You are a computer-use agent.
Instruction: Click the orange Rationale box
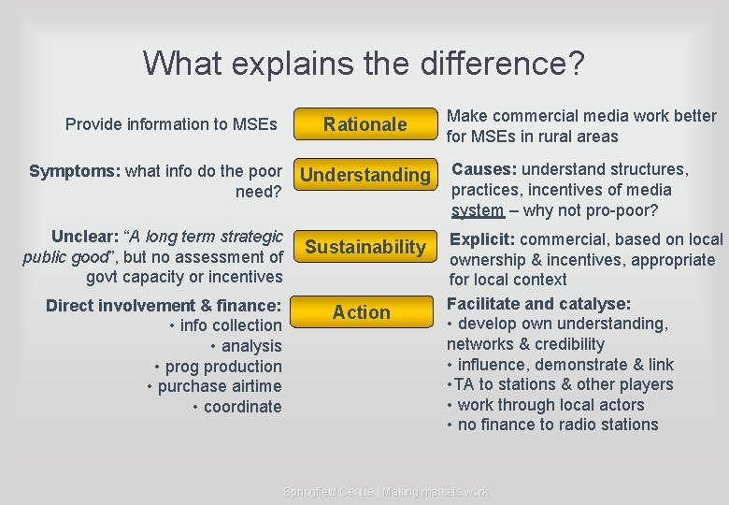pyautogui.click(x=365, y=124)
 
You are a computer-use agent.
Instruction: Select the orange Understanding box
pyautogui.click(x=365, y=175)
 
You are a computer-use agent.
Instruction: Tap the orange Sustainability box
pyautogui.click(x=365, y=247)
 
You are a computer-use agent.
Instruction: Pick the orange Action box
pyautogui.click(x=362, y=312)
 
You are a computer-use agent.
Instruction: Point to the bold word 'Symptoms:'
pyautogui.click(x=75, y=170)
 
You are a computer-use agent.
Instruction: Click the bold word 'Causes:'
pyautogui.click(x=485, y=169)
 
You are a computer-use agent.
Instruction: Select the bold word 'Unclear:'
pyautogui.click(x=86, y=236)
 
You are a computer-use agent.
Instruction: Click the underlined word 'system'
pyautogui.click(x=478, y=210)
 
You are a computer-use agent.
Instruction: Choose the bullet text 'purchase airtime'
pyautogui.click(x=220, y=386)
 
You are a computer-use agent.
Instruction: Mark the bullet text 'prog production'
pyautogui.click(x=224, y=367)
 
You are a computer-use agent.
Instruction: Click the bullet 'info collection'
pyautogui.click(x=230, y=325)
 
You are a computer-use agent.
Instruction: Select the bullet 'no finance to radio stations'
pyautogui.click(x=558, y=425)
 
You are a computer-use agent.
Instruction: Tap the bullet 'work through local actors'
pyautogui.click(x=551, y=405)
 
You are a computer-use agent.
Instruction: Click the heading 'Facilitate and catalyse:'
pyautogui.click(x=538, y=304)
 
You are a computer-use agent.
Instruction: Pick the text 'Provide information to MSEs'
pyautogui.click(x=171, y=124)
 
